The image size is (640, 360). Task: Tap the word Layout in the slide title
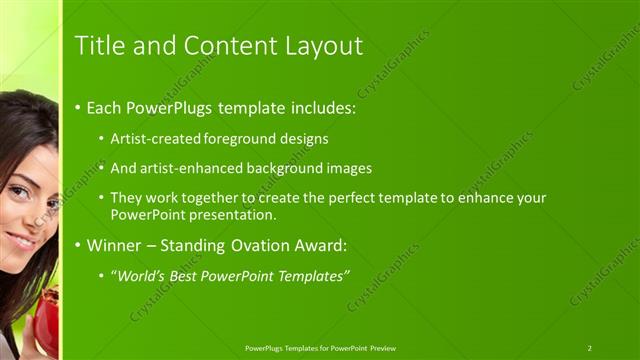[324, 45]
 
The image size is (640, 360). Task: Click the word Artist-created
[156, 138]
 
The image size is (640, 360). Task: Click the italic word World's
[139, 275]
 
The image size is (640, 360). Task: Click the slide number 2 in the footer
[589, 348]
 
